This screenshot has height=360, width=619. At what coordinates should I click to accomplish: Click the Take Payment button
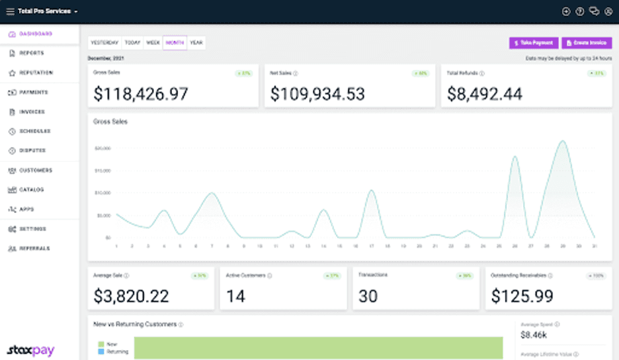[534, 43]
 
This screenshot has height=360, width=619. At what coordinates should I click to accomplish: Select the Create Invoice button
[587, 43]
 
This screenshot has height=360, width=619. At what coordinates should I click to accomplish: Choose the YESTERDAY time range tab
[104, 43]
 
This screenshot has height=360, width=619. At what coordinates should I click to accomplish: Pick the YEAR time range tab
[196, 43]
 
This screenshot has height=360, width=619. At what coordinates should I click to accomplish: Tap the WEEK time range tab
[153, 43]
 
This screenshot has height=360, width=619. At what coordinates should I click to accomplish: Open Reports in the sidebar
[32, 53]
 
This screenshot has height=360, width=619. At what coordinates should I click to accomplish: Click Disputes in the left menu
[32, 150]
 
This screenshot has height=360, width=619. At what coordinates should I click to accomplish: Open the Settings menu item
[33, 229]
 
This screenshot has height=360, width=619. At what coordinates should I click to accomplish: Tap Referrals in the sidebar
[34, 248]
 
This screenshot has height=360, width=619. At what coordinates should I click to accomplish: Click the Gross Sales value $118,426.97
[141, 94]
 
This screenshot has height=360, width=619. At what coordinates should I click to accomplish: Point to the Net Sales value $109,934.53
[317, 94]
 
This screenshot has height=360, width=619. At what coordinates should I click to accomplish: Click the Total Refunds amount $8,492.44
[485, 94]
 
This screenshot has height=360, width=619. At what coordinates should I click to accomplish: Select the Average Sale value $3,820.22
[131, 296]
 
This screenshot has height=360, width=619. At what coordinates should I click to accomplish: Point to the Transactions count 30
[368, 296]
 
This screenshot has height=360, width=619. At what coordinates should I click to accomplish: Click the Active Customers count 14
[235, 296]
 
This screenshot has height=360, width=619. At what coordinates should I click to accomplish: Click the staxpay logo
[30, 351]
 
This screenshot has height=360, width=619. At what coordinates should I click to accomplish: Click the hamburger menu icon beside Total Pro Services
[9, 11]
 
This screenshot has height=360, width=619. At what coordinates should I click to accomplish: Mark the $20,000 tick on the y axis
[102, 148]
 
